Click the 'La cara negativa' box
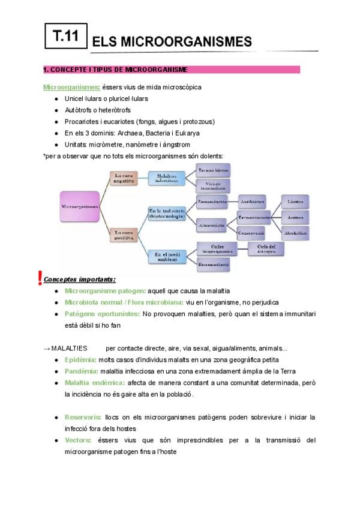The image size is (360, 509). coord(123,178)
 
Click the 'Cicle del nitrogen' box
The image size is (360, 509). coord(266,248)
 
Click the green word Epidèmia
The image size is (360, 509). coord(80,360)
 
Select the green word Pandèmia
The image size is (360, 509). coord(81,371)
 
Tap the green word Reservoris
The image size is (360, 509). coord(83,417)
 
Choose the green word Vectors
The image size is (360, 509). coord(78,440)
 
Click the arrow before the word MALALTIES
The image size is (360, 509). coord(47,348)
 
